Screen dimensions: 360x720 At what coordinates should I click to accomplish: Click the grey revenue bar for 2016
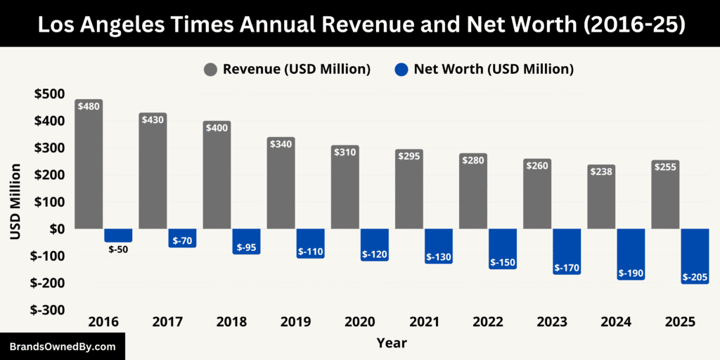pos(89,169)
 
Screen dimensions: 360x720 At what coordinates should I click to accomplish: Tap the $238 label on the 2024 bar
pos(601,172)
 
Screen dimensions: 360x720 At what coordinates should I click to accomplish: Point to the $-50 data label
pos(118,249)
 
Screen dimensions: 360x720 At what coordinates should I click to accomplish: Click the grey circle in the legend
pos(211,69)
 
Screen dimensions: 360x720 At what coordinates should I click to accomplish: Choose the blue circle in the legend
pos(401,69)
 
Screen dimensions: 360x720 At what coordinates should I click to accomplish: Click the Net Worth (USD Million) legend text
pos(494,69)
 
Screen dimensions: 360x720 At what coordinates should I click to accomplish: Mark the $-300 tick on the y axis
pos(46,310)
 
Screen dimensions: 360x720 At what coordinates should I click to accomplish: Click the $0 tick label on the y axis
pos(54,229)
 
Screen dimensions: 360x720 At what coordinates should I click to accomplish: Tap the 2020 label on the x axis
pos(359,322)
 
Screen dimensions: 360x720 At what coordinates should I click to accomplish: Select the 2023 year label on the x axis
pos(552,322)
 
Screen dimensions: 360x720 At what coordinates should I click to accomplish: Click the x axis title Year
pos(391,343)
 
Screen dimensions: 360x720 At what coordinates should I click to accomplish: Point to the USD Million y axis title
pos(15,202)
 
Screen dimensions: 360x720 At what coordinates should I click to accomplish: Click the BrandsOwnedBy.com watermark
pos(63,347)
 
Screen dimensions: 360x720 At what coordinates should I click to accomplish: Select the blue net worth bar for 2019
pos(310,243)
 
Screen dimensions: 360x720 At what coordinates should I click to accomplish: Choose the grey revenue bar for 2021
pos(409,190)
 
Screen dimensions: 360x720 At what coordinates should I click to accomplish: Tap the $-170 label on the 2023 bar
pos(567,268)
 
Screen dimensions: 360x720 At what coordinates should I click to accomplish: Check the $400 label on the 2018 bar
pos(217,128)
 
